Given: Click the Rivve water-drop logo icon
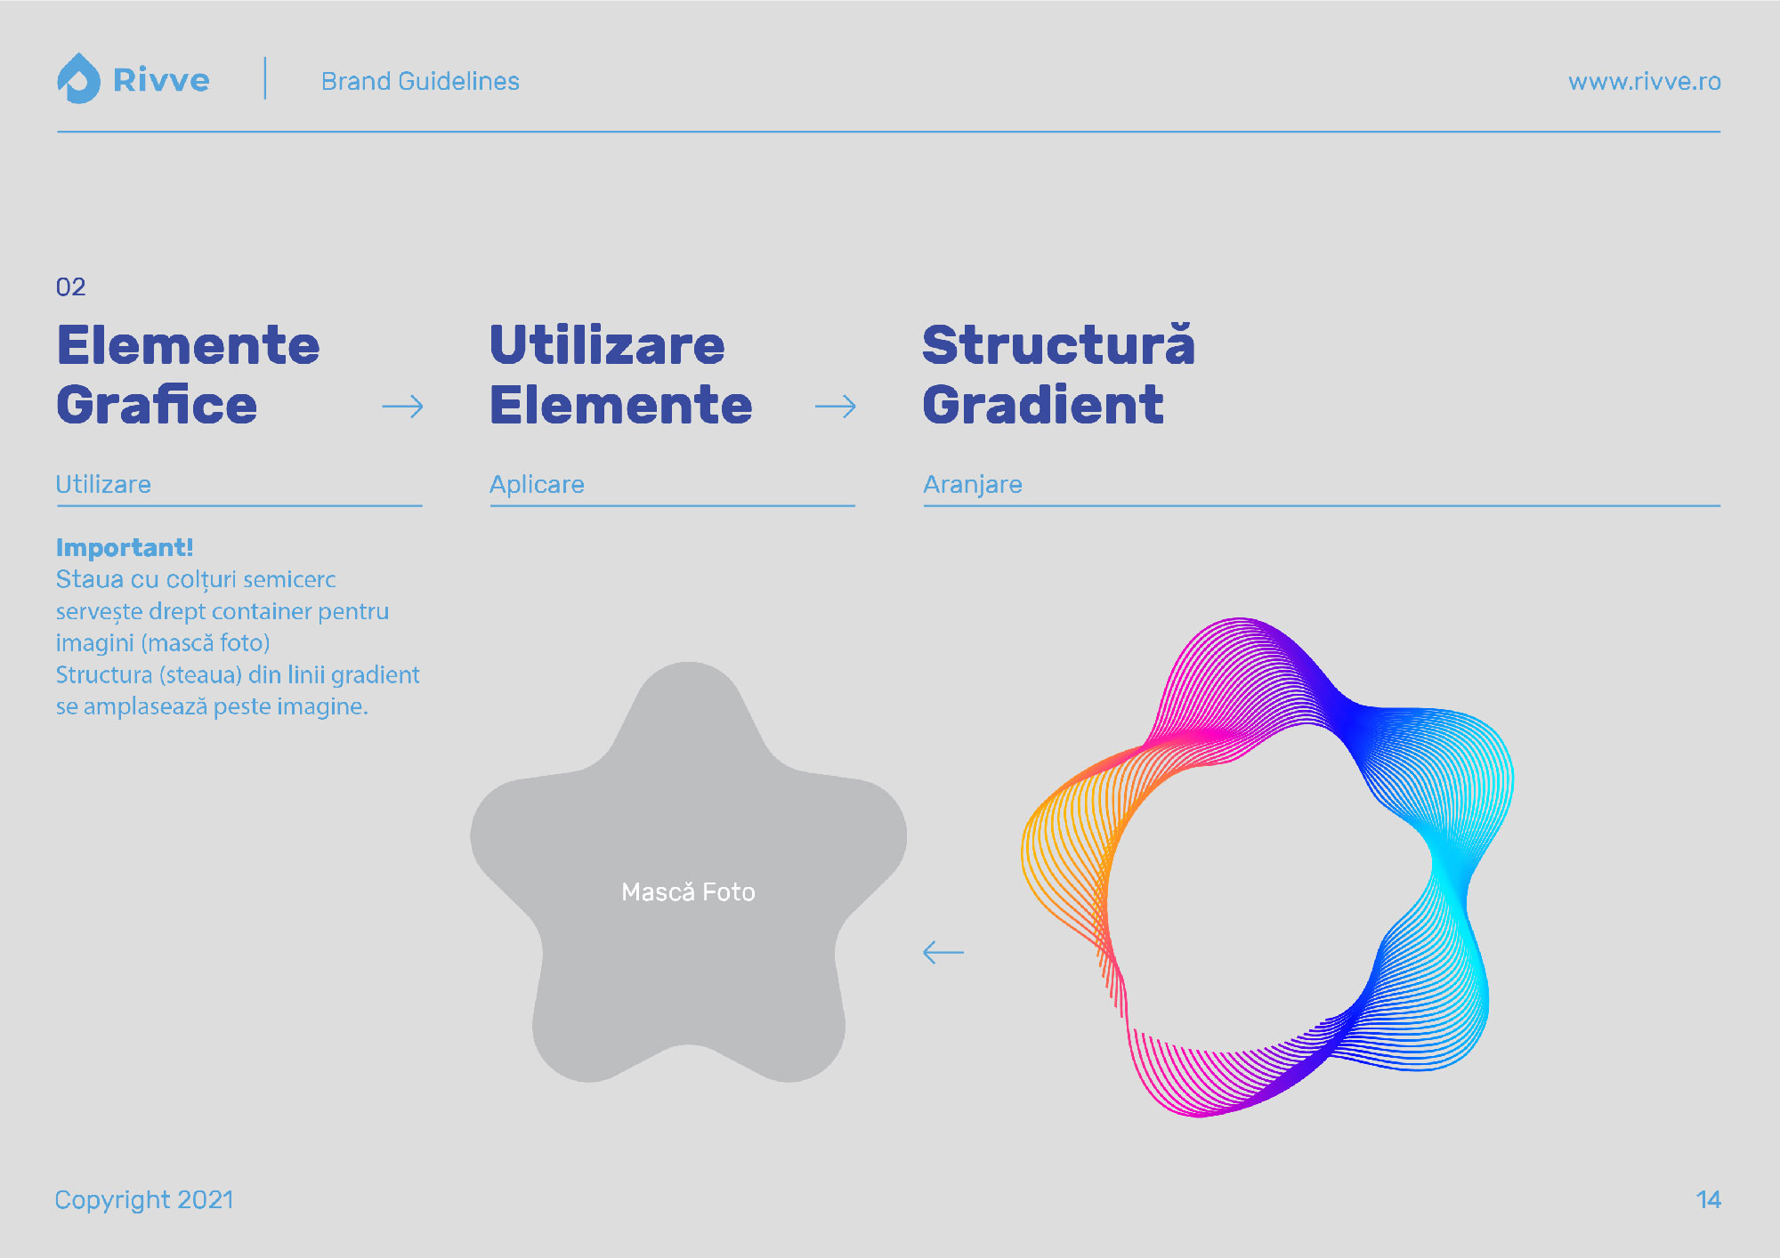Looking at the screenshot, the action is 78,78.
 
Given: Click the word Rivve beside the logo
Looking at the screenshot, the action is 161,81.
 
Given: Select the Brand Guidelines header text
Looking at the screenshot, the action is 420,81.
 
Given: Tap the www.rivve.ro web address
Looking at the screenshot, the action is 1644,82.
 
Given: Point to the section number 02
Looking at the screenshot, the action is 71,286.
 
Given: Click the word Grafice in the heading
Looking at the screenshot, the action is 157,405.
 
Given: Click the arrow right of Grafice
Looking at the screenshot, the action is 402,407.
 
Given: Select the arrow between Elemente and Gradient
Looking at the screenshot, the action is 836,407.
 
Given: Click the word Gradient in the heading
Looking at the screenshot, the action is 1043,405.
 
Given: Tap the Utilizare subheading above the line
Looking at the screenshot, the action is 103,484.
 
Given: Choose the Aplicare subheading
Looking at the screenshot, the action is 537,484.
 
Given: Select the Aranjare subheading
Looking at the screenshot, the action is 973,484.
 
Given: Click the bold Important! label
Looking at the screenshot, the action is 125,547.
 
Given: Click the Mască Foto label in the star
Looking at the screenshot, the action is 688,891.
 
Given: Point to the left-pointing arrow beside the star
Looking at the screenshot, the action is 943,952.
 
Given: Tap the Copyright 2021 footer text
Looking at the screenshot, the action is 144,1200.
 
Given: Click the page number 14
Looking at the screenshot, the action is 1709,1200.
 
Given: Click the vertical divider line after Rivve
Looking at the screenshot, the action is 265,78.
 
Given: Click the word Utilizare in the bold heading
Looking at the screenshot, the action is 607,345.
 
